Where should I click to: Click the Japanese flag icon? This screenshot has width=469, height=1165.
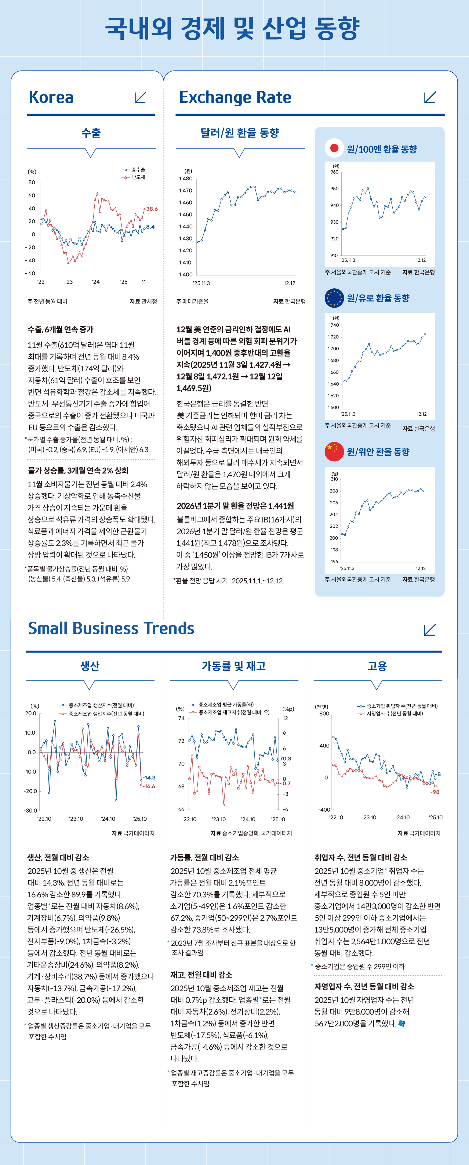pyautogui.click(x=334, y=148)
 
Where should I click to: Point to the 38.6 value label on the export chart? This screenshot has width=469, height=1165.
pyautogui.click(x=152, y=209)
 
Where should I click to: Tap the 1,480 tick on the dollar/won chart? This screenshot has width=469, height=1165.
pyautogui.click(x=186, y=179)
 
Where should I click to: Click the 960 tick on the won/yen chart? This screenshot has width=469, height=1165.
pyautogui.click(x=334, y=172)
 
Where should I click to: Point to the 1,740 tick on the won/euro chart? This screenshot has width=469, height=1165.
pyautogui.click(x=334, y=325)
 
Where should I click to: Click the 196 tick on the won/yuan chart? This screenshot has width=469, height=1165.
pyautogui.click(x=334, y=562)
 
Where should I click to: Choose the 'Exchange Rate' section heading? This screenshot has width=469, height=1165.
pyautogui.click(x=235, y=97)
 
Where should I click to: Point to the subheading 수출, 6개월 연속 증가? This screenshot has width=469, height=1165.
pyautogui.click(x=61, y=329)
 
